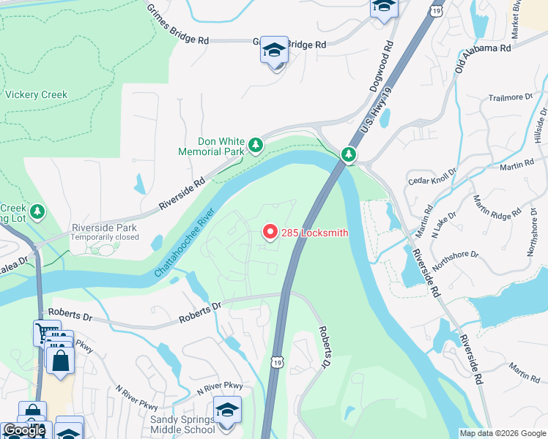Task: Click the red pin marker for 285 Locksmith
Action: [269, 232]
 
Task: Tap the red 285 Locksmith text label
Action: [313, 233]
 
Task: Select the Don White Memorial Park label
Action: [210, 146]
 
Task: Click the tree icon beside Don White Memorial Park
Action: [256, 146]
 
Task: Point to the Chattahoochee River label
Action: [184, 241]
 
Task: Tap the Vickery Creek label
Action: [36, 94]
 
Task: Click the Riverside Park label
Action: [105, 228]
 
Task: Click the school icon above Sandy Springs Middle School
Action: [227, 410]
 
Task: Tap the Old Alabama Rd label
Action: [482, 58]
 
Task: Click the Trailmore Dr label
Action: [510, 97]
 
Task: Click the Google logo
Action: [24, 430]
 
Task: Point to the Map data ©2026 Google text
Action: [502, 433]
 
